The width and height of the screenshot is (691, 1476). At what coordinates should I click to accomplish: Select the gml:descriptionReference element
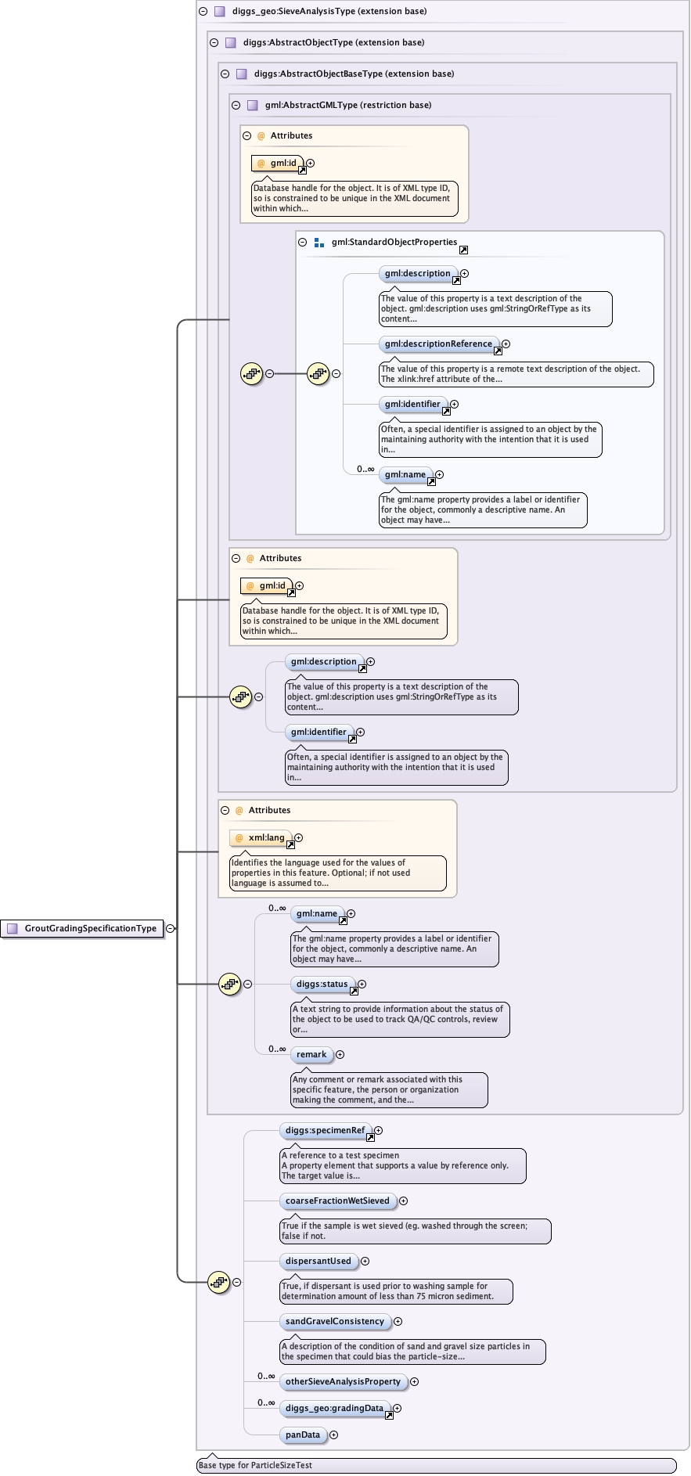coord(438,344)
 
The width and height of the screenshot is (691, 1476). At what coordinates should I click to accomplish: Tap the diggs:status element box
coord(322,984)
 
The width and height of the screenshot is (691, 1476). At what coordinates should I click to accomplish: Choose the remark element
coord(311,1054)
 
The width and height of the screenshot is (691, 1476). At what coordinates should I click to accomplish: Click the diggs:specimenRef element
coord(325,1130)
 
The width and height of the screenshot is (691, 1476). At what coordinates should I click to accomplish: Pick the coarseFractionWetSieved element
coord(337,1201)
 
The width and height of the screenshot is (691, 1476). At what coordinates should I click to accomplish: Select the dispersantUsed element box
coord(319,1261)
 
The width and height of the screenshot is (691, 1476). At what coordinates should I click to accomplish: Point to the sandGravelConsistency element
coord(335,1321)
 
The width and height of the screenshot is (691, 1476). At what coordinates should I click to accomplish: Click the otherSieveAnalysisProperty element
coord(343,1381)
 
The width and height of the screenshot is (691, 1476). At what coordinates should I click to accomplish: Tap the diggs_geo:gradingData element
coord(334,1408)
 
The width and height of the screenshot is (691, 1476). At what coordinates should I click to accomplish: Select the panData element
coord(303,1435)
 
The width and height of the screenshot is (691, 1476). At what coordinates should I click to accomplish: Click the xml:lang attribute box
coord(261,837)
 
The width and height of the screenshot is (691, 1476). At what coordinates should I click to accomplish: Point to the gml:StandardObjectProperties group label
coord(394,242)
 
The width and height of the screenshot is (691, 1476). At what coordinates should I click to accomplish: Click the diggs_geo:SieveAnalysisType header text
coord(329,11)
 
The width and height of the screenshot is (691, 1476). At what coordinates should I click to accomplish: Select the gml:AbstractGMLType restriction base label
coord(348,105)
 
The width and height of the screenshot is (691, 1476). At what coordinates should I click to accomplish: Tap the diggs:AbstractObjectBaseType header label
coord(354,74)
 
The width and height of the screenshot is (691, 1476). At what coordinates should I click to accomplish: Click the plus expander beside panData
coord(334,1435)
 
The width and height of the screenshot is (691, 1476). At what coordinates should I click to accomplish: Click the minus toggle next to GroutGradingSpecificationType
coord(171,928)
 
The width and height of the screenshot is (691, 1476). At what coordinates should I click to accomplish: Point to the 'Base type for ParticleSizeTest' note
coord(255,1465)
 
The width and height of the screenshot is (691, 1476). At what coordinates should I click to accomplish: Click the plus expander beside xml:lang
coord(299,837)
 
